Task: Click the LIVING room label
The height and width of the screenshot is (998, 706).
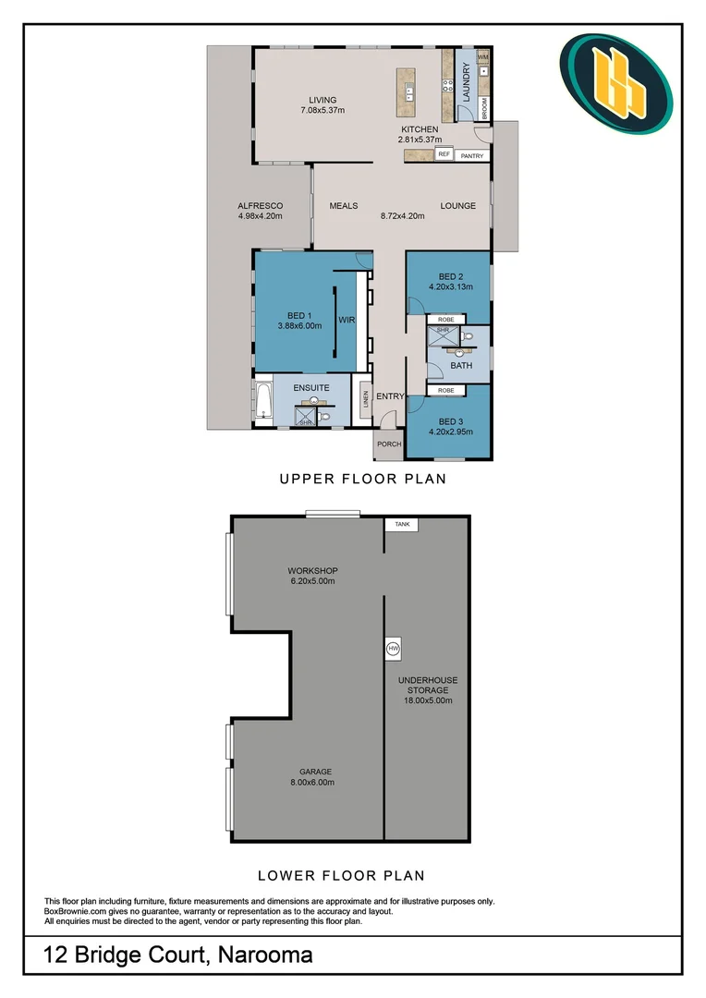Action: (323, 100)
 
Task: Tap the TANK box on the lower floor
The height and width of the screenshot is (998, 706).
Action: (402, 525)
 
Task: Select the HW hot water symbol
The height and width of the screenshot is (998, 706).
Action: (394, 649)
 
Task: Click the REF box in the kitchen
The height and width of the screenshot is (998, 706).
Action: (444, 154)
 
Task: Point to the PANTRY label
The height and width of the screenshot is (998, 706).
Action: (472, 156)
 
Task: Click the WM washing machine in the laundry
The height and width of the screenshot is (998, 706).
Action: (482, 56)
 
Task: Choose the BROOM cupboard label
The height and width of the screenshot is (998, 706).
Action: (484, 108)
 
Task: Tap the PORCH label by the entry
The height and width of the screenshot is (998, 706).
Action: (389, 444)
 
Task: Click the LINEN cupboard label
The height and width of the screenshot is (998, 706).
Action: (365, 399)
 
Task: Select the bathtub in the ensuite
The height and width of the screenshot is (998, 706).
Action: (263, 400)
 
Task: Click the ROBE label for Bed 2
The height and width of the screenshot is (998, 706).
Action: (446, 320)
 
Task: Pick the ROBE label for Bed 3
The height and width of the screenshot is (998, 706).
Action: (446, 390)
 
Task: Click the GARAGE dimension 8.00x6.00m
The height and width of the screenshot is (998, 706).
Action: (312, 783)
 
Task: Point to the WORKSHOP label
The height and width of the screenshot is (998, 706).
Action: (312, 571)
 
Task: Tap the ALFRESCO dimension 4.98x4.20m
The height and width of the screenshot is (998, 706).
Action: (261, 215)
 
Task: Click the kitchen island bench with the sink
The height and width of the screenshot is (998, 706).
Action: (407, 92)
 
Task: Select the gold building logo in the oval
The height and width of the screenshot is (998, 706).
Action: (618, 83)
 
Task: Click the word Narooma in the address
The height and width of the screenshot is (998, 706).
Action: (265, 955)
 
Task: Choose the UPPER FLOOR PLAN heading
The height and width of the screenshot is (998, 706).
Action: (363, 479)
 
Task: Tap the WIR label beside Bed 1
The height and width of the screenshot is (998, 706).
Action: (347, 320)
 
